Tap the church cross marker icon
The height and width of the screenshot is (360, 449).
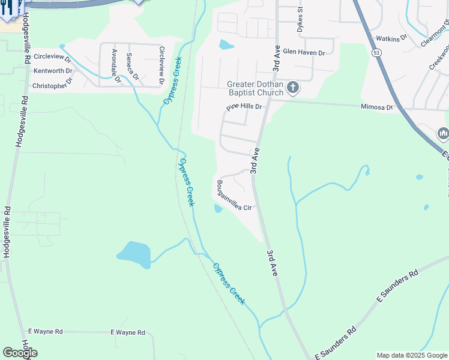pos(292,88)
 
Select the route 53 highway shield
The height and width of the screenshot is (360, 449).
pos(376,53)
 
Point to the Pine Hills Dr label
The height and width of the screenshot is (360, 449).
pos(244,107)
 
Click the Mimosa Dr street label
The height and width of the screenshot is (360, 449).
pos(376,107)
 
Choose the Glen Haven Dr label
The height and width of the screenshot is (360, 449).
pos(304,53)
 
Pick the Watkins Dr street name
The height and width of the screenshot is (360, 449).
pos(391,38)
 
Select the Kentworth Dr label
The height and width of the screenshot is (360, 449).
pos(53,71)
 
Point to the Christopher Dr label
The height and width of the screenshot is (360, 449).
pos(52,86)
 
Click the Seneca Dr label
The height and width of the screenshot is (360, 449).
pos(132,66)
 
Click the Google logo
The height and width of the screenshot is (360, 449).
pos(20,353)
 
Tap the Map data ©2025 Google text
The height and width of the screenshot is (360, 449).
pos(412,355)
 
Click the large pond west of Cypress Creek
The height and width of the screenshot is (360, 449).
pos(133,254)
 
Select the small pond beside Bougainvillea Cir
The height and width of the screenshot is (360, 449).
pos(217,208)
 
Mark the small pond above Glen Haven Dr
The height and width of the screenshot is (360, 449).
pos(226,44)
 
